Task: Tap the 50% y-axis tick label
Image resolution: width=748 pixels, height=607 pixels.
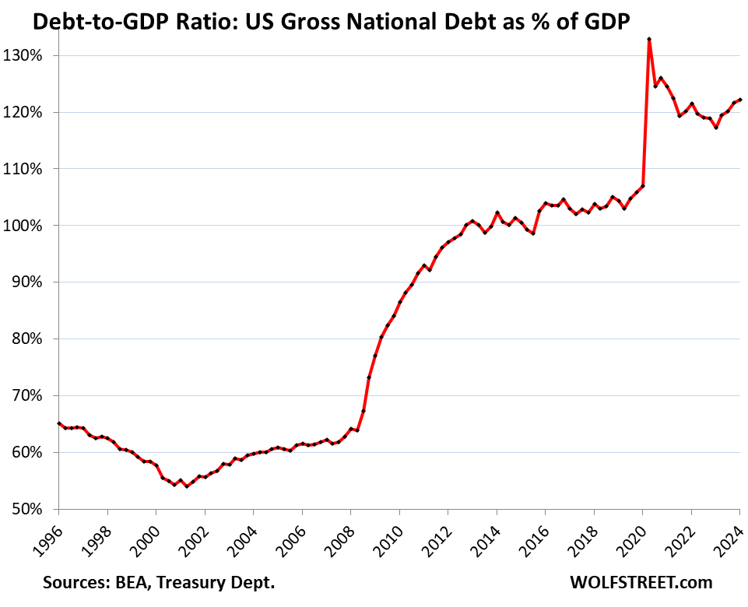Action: click(33, 509)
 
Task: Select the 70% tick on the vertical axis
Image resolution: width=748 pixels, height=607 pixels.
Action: click(33, 395)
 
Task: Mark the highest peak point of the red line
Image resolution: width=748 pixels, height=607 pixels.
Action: click(649, 39)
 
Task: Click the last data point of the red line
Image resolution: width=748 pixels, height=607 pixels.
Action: click(739, 100)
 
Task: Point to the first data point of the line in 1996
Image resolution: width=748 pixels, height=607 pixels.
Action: click(59, 423)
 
